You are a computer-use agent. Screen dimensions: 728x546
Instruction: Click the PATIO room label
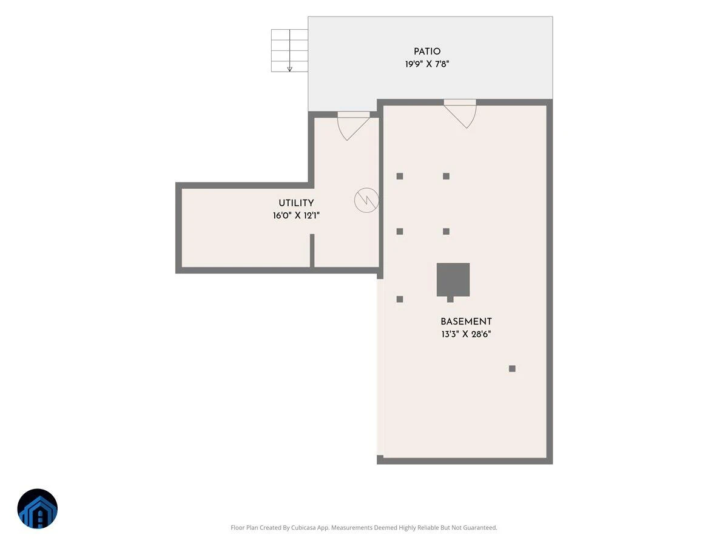coord(426,52)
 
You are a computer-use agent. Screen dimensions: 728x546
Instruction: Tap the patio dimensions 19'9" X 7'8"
coord(427,64)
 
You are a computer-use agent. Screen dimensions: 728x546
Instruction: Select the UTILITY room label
coord(296,203)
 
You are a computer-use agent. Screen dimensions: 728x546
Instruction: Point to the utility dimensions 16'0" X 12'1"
coord(296,215)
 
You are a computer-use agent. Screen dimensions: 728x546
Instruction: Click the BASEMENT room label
coord(466,322)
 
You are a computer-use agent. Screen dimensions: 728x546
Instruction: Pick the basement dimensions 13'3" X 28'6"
coord(466,334)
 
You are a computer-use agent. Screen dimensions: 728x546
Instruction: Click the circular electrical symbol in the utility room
coord(366,200)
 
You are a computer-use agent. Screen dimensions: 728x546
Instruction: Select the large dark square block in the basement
coord(453,279)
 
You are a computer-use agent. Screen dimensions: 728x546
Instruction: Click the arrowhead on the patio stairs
coord(289,69)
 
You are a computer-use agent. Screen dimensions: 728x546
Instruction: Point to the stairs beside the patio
coord(289,50)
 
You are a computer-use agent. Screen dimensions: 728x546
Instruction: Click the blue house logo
coord(37,508)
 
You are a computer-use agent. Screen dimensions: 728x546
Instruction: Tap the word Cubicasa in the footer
coord(303,527)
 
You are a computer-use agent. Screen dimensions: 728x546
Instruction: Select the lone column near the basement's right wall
coord(512,368)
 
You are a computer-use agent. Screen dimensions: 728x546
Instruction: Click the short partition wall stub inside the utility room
coord(312,251)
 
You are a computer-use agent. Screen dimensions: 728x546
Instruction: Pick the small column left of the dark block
coord(400,298)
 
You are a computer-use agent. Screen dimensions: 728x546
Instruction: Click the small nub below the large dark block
coord(450,299)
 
